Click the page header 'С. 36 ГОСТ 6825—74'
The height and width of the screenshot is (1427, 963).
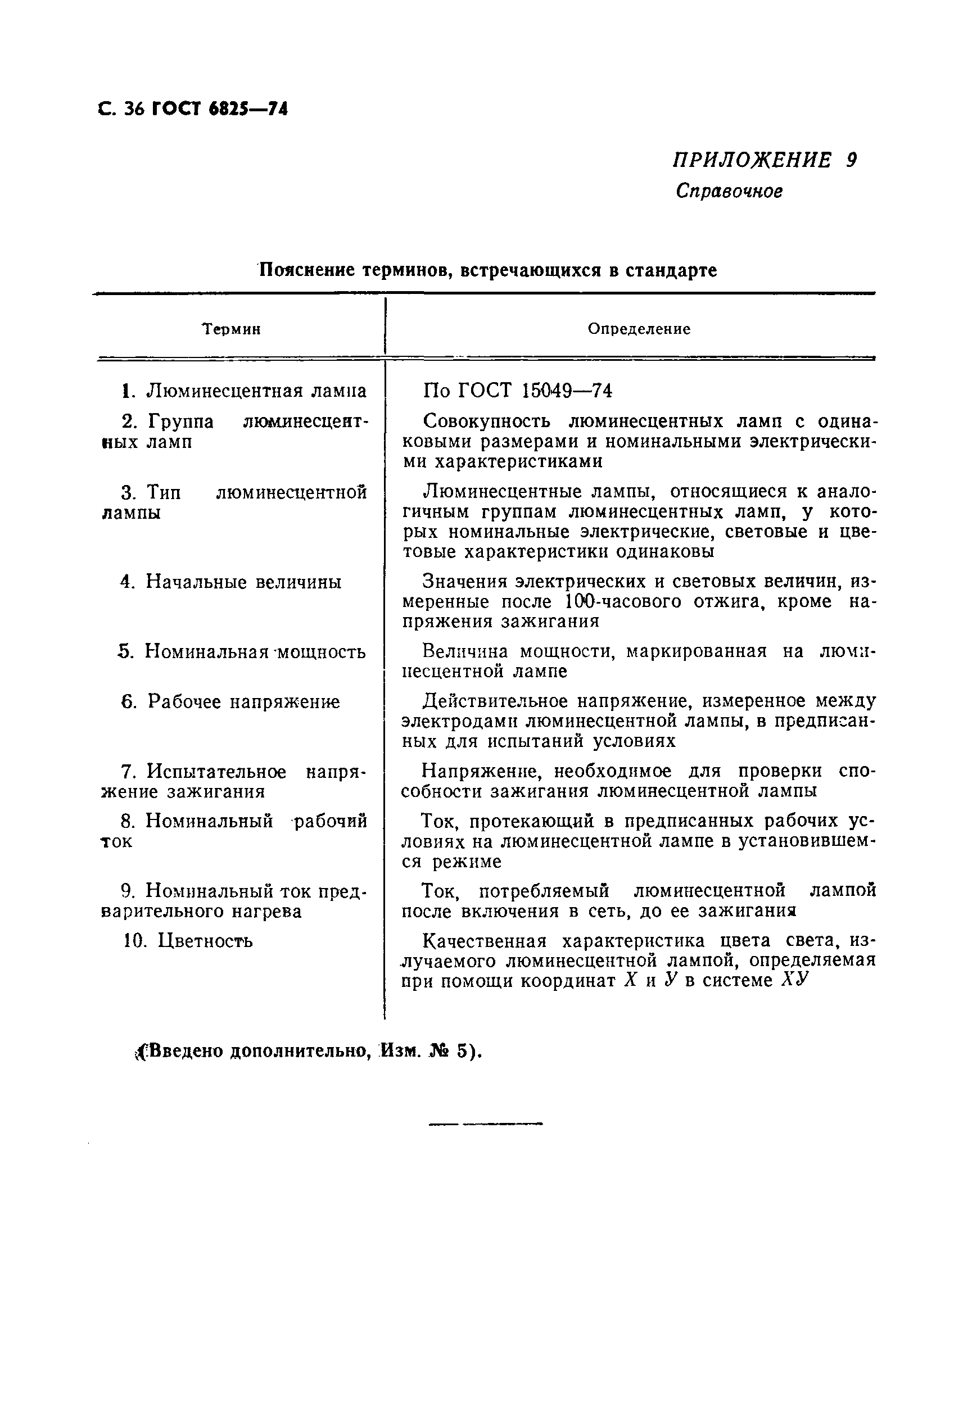coord(192,109)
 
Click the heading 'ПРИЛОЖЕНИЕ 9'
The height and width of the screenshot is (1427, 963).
coord(765,160)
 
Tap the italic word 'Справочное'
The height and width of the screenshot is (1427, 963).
coord(729,192)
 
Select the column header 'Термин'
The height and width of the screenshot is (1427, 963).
coord(232,330)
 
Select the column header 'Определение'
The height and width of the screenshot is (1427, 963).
coord(639,329)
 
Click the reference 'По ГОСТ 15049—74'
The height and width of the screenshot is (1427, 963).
coord(517,391)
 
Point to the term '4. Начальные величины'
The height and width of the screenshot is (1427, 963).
coord(231,582)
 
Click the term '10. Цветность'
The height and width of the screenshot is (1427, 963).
coord(188,941)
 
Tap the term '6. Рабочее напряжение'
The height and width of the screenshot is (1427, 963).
coord(231,701)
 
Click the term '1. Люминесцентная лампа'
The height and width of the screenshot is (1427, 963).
coord(244,391)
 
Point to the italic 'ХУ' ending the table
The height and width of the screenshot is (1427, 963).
coord(793,981)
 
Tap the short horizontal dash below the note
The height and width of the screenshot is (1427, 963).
coord(485,1124)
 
